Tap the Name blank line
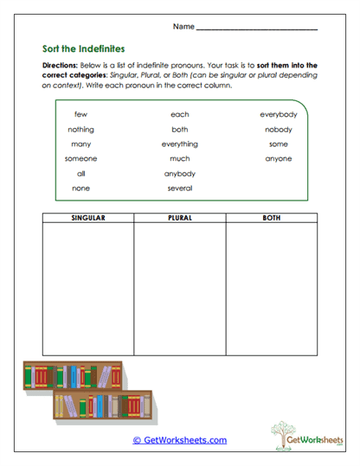(x=256, y=29)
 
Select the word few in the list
(x=80, y=114)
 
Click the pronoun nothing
(x=80, y=129)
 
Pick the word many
(x=80, y=144)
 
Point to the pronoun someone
(x=80, y=158)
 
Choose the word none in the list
(x=80, y=188)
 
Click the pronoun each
(x=179, y=114)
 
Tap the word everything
(x=179, y=144)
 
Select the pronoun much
(x=179, y=158)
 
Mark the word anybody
(x=179, y=173)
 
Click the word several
(x=179, y=188)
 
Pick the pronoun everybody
(x=279, y=114)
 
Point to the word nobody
(x=279, y=129)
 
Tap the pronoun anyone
(x=279, y=158)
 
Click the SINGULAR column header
(x=87, y=218)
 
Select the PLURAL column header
(x=179, y=218)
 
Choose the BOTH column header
(x=271, y=218)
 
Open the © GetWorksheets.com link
(x=179, y=440)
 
